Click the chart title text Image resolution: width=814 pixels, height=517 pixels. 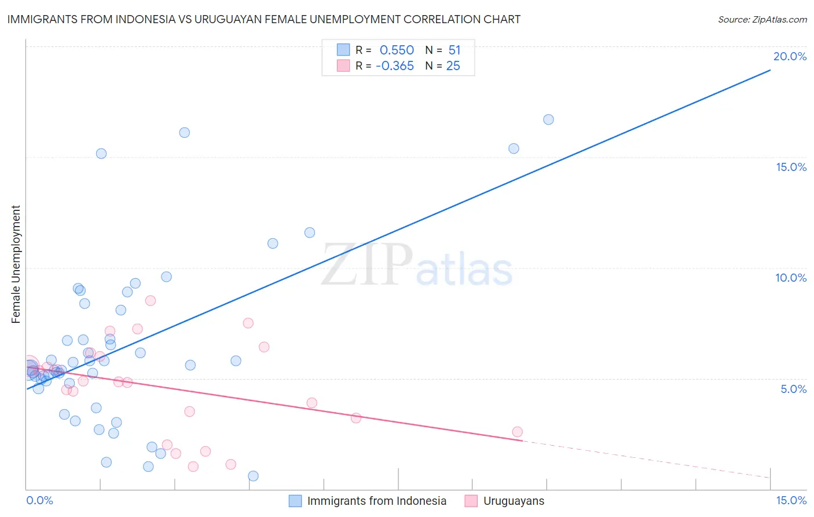click(x=264, y=19)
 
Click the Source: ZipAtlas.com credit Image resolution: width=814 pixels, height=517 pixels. click(x=762, y=19)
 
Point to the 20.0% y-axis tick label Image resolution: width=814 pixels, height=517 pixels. click(x=790, y=56)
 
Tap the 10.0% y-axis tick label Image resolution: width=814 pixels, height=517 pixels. click(x=790, y=278)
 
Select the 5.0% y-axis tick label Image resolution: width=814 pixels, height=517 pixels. click(x=793, y=389)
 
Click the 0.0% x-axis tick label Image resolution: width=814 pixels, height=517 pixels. click(x=39, y=500)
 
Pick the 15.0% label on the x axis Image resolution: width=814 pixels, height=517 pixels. click(x=791, y=500)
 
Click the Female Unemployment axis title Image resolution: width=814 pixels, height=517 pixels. click(x=16, y=264)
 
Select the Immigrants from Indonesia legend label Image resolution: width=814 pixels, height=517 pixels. click(x=376, y=501)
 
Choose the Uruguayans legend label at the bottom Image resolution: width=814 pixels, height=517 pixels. click(x=514, y=501)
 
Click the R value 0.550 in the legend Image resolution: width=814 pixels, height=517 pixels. click(x=397, y=50)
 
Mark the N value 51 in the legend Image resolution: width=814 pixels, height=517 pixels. click(x=454, y=50)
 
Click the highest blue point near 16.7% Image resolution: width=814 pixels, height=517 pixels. click(x=548, y=119)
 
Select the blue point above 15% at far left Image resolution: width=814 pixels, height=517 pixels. click(x=101, y=154)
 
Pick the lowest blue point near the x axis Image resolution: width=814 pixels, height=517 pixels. click(x=253, y=476)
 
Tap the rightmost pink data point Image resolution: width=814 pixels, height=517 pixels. click(x=517, y=432)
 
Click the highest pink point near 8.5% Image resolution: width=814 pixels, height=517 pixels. click(x=151, y=300)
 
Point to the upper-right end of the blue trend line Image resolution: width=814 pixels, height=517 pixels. click(x=769, y=70)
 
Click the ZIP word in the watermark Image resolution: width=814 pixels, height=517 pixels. click(x=366, y=265)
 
